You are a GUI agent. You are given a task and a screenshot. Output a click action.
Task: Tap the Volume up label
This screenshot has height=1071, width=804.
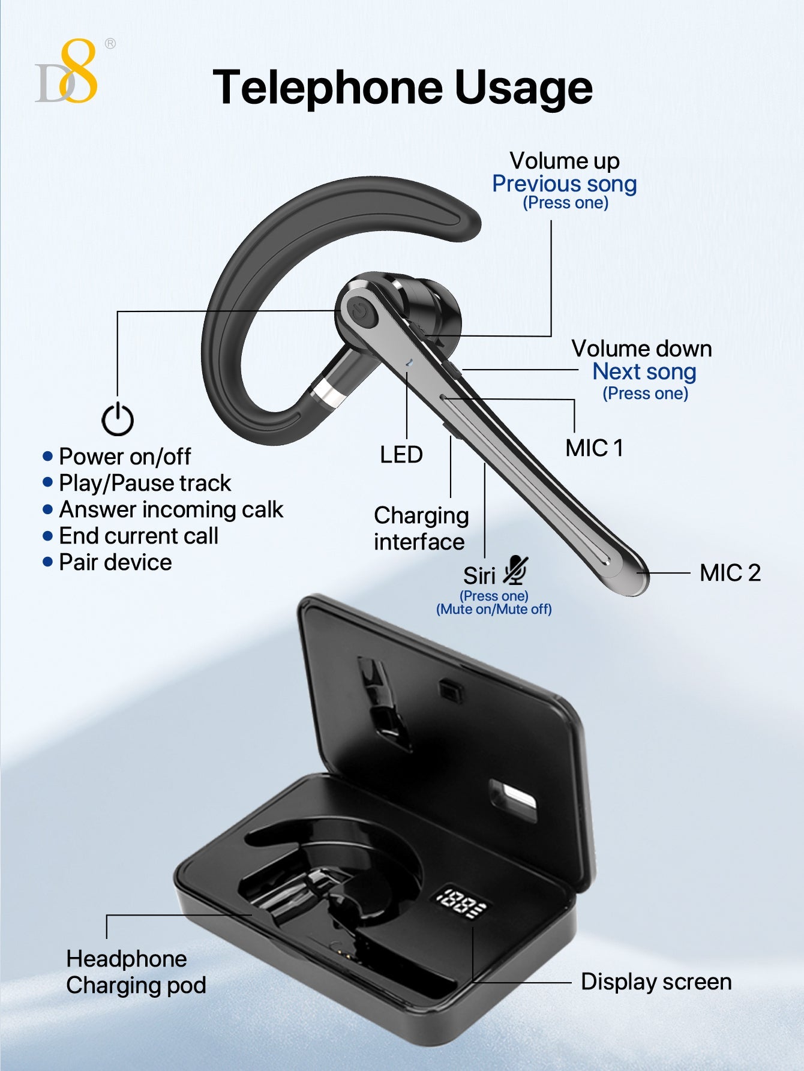565,161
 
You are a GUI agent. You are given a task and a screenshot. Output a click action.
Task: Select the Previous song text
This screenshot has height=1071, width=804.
564,184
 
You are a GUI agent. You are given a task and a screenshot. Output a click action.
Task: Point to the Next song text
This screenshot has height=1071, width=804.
644,372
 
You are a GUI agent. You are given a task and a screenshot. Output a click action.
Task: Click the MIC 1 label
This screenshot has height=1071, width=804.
594,448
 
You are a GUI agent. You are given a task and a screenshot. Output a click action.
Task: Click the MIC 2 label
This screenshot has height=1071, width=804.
730,573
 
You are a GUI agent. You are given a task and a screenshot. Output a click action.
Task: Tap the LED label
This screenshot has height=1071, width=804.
401,455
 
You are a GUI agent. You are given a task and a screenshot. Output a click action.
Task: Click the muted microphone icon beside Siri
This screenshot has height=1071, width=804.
515,571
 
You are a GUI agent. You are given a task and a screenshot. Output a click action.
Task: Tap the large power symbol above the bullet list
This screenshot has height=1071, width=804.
118,419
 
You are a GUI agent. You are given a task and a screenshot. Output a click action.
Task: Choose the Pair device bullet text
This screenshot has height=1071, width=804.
115,563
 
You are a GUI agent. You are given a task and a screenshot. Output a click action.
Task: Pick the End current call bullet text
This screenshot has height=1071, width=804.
139,536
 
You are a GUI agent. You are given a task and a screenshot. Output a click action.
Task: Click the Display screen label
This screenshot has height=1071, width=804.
656,982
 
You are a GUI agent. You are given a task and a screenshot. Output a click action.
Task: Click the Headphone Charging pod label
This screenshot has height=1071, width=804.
136,972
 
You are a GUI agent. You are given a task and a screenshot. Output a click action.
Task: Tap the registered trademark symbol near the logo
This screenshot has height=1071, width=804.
110,43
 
